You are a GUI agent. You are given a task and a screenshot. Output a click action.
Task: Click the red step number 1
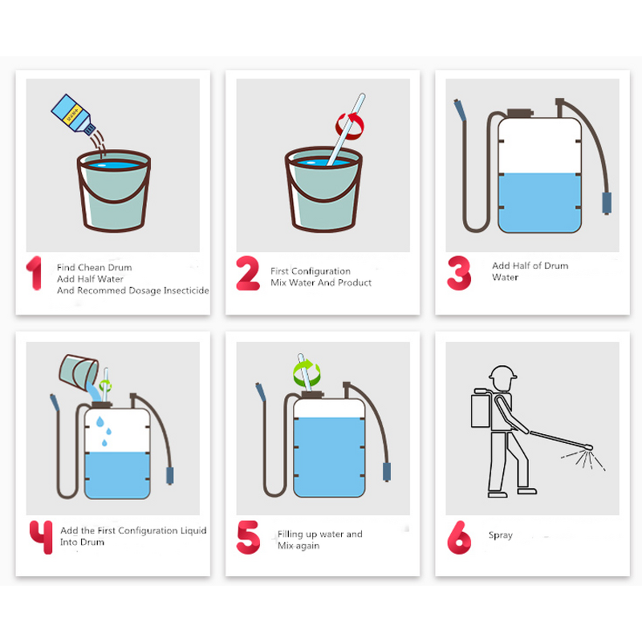(x=35, y=273)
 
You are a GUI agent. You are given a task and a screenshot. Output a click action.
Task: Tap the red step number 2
(x=248, y=273)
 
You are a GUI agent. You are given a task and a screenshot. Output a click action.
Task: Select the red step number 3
(x=459, y=273)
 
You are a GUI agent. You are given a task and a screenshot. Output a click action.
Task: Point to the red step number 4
(x=41, y=537)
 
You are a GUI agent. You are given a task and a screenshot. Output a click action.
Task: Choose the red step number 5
(x=248, y=537)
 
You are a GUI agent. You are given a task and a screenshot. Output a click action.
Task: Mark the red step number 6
(x=459, y=537)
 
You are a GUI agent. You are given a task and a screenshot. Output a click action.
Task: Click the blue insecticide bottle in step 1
(x=73, y=115)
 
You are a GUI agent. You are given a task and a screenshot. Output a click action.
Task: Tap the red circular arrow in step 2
(x=350, y=126)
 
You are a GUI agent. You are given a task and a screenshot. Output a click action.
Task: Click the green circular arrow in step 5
(x=307, y=372)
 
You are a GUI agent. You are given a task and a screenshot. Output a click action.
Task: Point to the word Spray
(x=500, y=535)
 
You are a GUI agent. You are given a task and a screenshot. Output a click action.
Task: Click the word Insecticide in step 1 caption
(x=186, y=291)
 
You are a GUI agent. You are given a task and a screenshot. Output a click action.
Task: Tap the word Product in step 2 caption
(x=355, y=282)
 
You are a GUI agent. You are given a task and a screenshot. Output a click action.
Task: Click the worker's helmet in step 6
(x=502, y=372)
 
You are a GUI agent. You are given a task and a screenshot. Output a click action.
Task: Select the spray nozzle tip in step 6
(x=590, y=447)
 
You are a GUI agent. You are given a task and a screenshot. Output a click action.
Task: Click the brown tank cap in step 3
(x=520, y=113)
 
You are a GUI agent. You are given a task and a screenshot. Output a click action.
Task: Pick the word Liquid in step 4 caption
(x=193, y=530)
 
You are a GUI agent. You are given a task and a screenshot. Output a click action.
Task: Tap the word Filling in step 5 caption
(x=291, y=534)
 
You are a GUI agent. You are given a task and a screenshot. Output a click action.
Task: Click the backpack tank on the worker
(x=481, y=410)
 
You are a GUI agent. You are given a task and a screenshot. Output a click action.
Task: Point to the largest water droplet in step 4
(x=100, y=422)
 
